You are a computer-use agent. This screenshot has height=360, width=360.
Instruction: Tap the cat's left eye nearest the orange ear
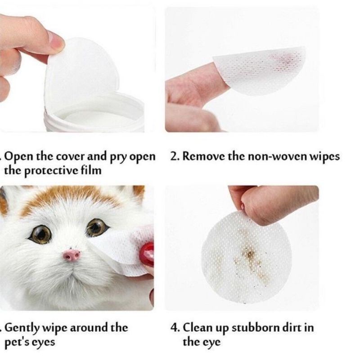click(x=41, y=234)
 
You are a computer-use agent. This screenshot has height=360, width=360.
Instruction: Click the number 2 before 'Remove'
click(x=174, y=157)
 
